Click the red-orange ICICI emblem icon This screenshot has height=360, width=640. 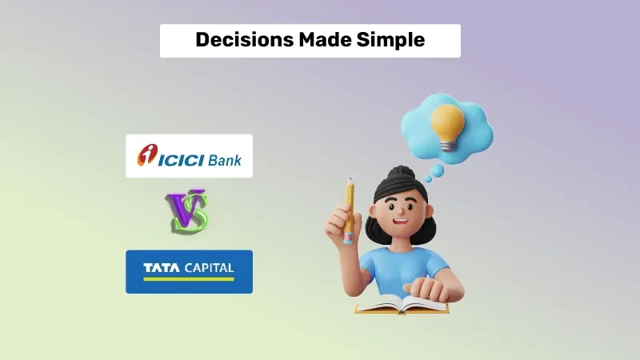click(x=147, y=156)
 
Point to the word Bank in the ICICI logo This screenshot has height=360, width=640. click(x=225, y=159)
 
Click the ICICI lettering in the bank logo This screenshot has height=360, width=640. click(x=182, y=159)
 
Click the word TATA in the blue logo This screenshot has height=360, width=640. click(x=160, y=267)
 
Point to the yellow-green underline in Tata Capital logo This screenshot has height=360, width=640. click(x=189, y=279)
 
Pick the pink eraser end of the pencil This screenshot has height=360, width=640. click(x=349, y=238)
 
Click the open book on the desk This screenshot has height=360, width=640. click(x=400, y=304)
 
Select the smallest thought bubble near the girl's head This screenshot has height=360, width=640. click(x=428, y=178)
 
